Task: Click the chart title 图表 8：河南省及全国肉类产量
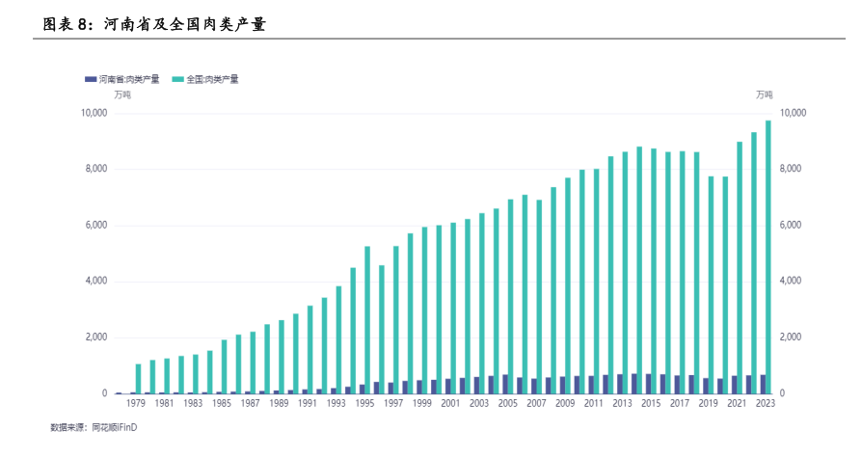pyautogui.click(x=154, y=24)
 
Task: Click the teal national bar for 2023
pyautogui.click(x=768, y=256)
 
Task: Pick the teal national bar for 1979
pyautogui.click(x=139, y=378)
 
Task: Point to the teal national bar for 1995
pyautogui.click(x=367, y=319)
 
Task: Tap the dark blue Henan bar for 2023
pyautogui.click(x=762, y=384)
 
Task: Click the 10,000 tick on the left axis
pyautogui.click(x=94, y=114)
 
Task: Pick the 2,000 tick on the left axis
pyautogui.click(x=95, y=337)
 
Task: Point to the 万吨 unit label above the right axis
pyautogui.click(x=764, y=94)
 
